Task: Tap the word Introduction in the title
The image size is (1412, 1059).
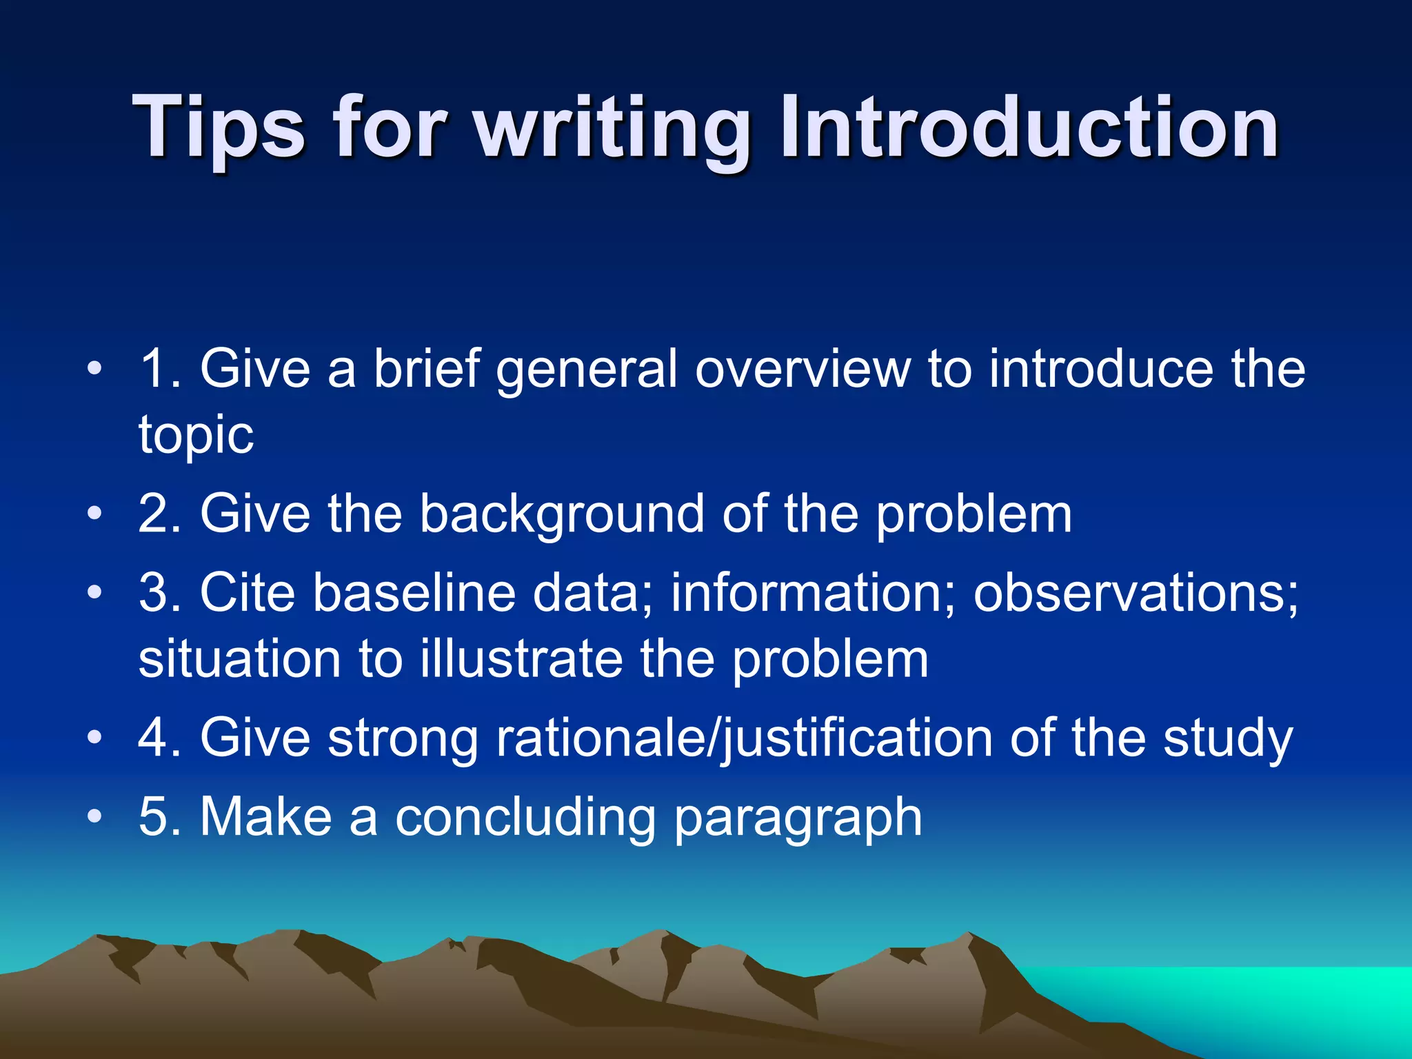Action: [x=1029, y=128]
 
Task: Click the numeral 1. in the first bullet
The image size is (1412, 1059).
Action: [x=160, y=368]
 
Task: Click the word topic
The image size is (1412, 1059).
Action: [x=196, y=436]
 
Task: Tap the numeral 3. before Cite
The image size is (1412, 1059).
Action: [x=160, y=592]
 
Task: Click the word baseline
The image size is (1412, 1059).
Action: [x=414, y=592]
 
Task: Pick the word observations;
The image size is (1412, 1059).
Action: [x=1136, y=592]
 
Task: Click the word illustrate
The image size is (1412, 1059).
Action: [x=521, y=658]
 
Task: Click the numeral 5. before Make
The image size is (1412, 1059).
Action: [x=160, y=816]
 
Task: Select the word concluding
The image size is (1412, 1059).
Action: [x=525, y=818]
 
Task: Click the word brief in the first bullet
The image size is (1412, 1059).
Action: [x=426, y=368]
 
